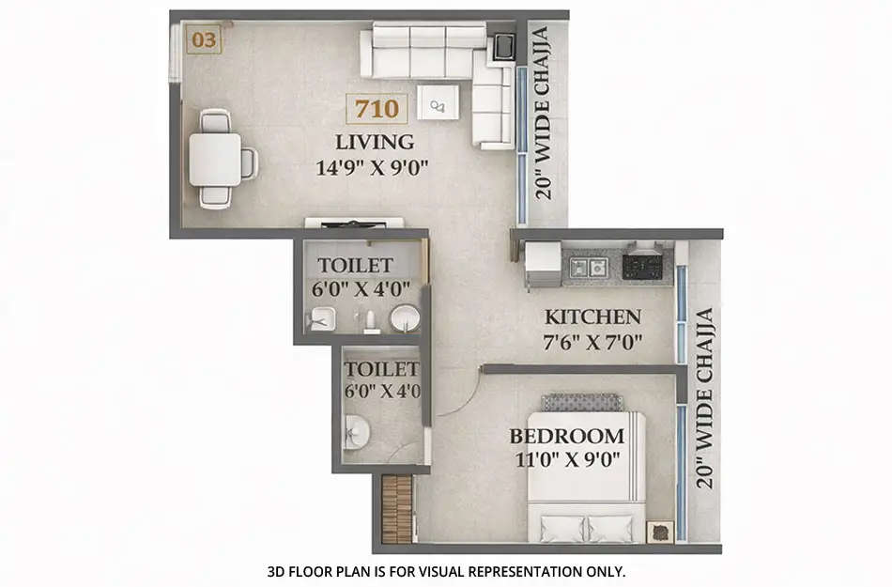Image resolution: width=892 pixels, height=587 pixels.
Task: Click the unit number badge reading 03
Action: pyautogui.click(x=204, y=40)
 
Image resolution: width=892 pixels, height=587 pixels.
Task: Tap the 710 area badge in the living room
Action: pyautogui.click(x=377, y=109)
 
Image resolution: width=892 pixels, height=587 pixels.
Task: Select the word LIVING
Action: pyautogui.click(x=376, y=143)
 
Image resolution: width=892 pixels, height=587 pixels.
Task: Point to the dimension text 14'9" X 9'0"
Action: pyautogui.click(x=376, y=170)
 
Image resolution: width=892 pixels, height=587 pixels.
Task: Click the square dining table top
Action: pyautogui.click(x=214, y=160)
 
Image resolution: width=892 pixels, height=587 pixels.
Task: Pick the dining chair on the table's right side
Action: pyautogui.click(x=249, y=162)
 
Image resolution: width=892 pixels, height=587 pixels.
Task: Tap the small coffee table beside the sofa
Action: pyautogui.click(x=438, y=102)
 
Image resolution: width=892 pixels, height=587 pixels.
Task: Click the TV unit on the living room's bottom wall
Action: pyautogui.click(x=354, y=224)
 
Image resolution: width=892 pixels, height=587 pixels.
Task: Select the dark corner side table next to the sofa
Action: pyautogui.click(x=504, y=46)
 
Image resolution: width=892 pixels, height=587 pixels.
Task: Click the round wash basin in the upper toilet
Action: pyautogui.click(x=406, y=318)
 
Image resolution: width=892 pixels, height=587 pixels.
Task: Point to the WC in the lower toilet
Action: pyautogui.click(x=356, y=433)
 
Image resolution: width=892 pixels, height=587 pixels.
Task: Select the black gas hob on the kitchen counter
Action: pyautogui.click(x=643, y=266)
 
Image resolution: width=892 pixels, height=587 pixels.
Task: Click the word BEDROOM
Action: pyautogui.click(x=566, y=437)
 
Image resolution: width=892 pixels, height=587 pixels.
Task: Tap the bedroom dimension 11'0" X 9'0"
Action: pyautogui.click(x=566, y=461)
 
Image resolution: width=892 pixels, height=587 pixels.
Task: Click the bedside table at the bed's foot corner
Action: pyautogui.click(x=659, y=532)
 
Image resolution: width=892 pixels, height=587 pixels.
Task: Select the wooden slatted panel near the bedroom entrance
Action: pyautogui.click(x=397, y=509)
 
